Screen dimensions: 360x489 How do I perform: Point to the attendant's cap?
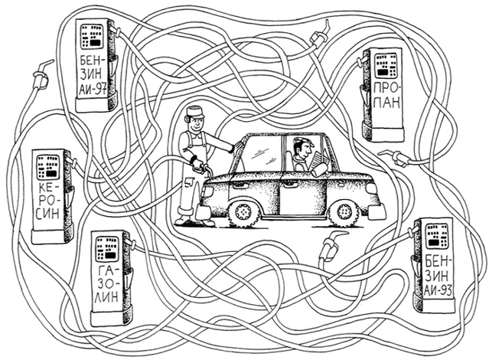[x=195, y=112]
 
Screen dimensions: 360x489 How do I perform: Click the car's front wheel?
[x=344, y=211]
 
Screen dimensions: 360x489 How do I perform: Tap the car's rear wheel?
[x=244, y=212]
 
